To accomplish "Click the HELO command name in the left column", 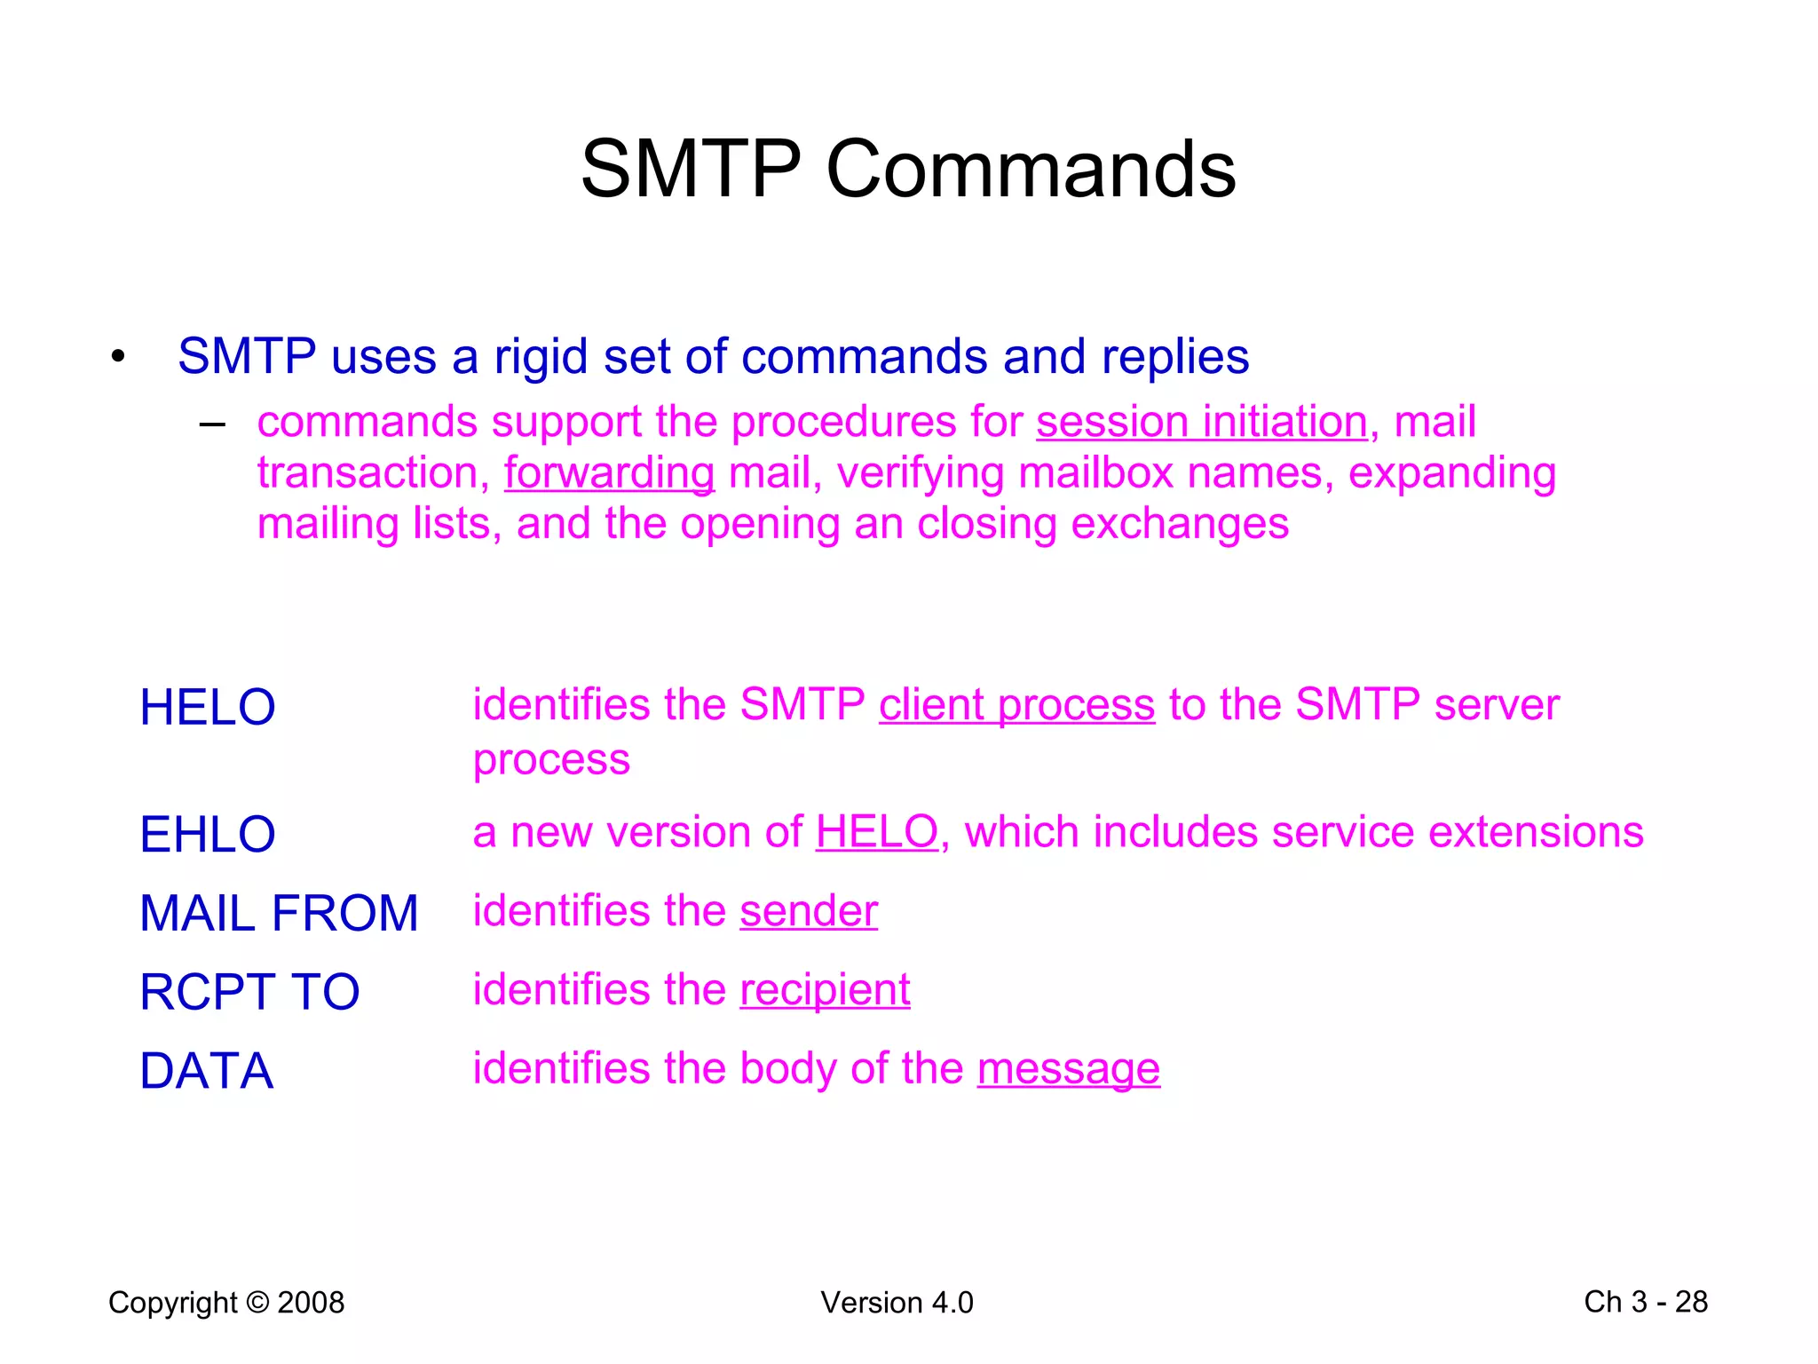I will click(x=208, y=708).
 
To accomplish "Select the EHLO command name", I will click(x=208, y=835).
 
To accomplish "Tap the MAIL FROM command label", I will click(x=279, y=913).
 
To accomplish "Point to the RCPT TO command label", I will click(x=249, y=992).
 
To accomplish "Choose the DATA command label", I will click(x=206, y=1071).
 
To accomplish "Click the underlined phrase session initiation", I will click(x=1201, y=421).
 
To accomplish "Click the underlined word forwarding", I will click(x=609, y=472).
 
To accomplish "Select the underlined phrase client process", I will click(x=1016, y=705).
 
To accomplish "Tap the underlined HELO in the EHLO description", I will click(x=876, y=833).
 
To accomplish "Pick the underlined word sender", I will click(x=809, y=912).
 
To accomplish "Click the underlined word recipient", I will click(x=825, y=990).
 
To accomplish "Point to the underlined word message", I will click(x=1068, y=1068).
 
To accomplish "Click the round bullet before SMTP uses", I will click(x=118, y=358).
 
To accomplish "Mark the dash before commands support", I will click(x=212, y=424).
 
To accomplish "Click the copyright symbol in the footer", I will click(x=257, y=1303).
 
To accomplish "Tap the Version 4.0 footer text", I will click(x=897, y=1303).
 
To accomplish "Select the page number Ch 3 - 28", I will click(x=1645, y=1302).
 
